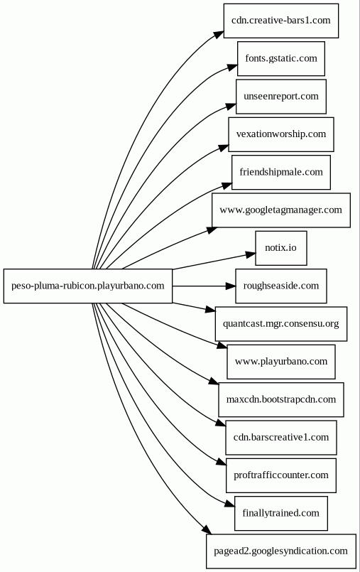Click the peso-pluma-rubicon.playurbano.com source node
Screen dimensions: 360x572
(88, 286)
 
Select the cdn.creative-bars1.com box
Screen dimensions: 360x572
(281, 21)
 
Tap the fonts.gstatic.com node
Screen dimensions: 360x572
(281, 59)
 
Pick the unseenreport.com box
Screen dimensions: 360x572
(281, 97)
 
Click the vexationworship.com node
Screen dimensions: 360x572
(281, 134)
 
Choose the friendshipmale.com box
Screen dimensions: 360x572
(281, 172)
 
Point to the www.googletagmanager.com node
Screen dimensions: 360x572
(281, 210)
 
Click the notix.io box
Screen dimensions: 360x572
(281, 248)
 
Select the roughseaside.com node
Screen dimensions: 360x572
(281, 286)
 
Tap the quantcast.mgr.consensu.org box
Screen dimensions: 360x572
(281, 324)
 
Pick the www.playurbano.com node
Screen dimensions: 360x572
(281, 362)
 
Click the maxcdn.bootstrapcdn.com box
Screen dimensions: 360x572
(281, 399)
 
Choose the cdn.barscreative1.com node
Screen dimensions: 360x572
(281, 438)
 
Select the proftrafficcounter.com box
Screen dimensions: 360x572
(281, 475)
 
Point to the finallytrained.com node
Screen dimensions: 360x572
(281, 513)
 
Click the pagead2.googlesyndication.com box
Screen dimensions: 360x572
(281, 551)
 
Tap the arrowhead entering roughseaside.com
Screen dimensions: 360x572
(231, 286)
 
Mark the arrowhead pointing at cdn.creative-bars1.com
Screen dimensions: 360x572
(219, 34)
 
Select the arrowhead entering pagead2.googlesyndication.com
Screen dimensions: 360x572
(206, 529)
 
